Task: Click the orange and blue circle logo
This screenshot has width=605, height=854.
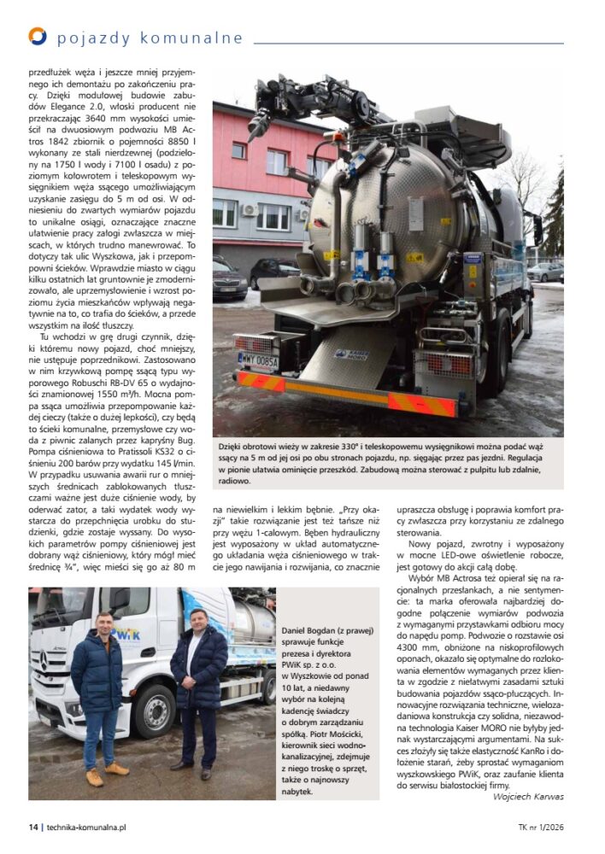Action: point(37,36)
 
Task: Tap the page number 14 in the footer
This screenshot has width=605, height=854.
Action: point(33,827)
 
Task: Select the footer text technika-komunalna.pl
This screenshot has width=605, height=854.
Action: point(86,827)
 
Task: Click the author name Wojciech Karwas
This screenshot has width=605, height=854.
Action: point(528,797)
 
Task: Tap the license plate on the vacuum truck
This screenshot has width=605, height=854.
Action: point(258,360)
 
